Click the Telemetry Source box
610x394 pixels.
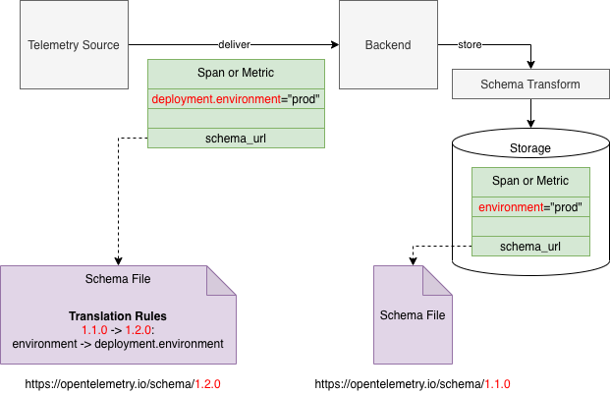click(74, 45)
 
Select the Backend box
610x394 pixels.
click(388, 45)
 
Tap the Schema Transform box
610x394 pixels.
click(529, 84)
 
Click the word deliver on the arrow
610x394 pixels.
click(235, 45)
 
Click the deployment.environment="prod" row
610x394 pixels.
click(236, 99)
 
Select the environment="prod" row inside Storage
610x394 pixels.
click(530, 207)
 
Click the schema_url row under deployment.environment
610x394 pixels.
click(236, 139)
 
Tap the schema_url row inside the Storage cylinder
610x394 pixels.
click(530, 246)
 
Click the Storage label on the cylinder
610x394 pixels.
click(530, 148)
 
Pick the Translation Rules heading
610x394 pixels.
click(117, 316)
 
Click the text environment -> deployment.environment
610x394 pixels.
click(117, 343)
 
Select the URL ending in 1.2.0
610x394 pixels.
click(117, 383)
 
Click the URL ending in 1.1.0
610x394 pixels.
click(413, 383)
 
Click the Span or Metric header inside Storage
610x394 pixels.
click(530, 181)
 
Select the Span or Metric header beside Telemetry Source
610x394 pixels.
click(236, 74)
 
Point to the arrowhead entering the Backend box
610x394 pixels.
click(334, 45)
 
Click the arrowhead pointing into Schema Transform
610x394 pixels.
click(530, 65)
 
